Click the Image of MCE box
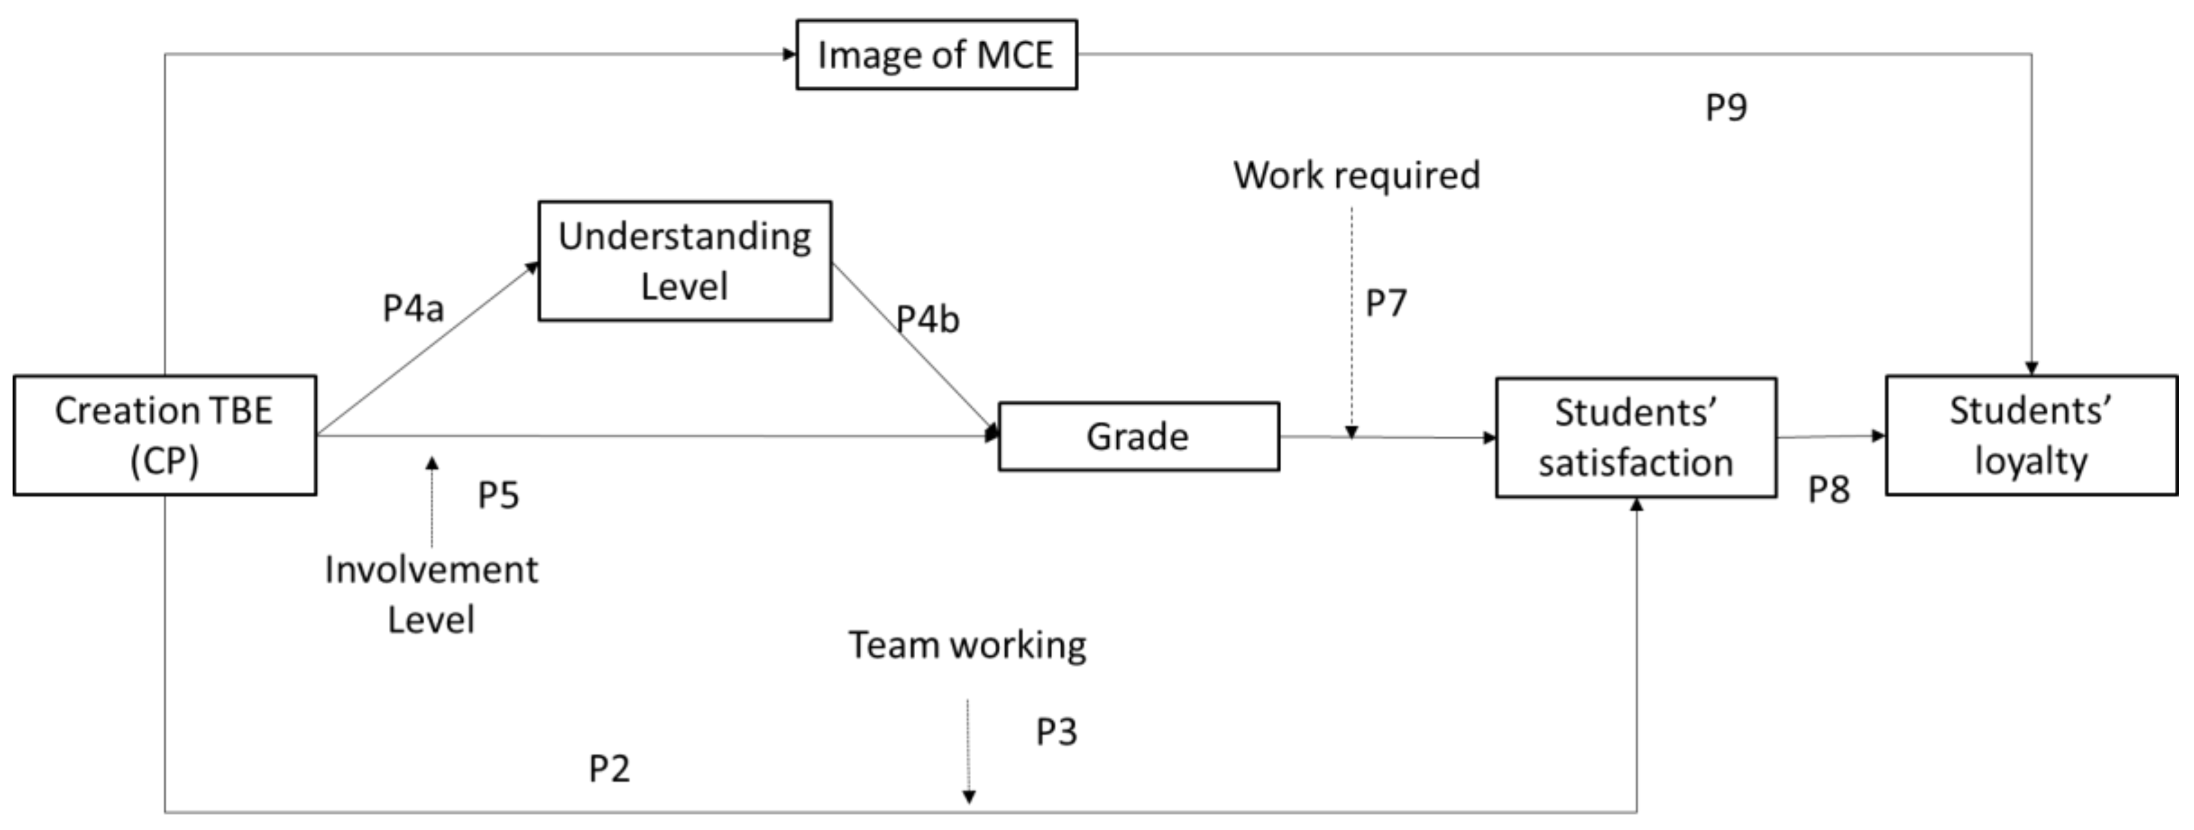tap(936, 55)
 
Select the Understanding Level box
tap(685, 261)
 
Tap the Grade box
tap(1138, 436)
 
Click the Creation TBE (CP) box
tap(165, 435)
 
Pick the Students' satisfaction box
tap(1635, 437)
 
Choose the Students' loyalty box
tap(2031, 435)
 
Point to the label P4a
tap(413, 309)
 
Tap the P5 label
tap(498, 495)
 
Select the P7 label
tap(1386, 303)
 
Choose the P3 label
tap(1056, 732)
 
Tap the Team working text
tap(967, 645)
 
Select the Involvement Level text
tap(431, 594)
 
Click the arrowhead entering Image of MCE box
tap(790, 55)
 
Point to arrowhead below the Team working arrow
tap(968, 797)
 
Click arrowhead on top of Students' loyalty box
tap(2031, 368)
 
